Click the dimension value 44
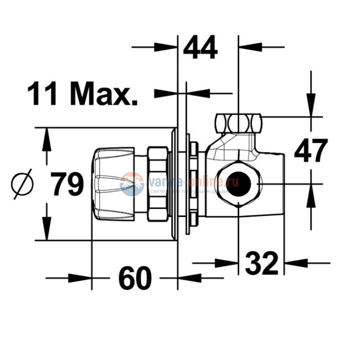200,48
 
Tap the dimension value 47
311,151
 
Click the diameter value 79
68,184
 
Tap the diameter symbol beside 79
22,185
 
